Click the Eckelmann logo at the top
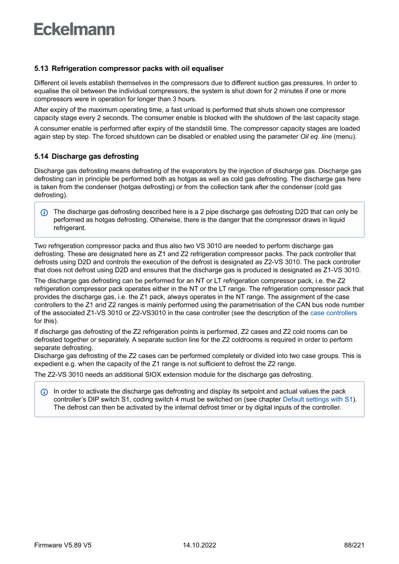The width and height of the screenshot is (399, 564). (x=74, y=29)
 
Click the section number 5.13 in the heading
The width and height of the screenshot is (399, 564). (x=41, y=69)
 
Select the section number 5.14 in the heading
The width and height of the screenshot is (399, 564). (x=41, y=156)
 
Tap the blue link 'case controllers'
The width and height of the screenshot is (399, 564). (x=333, y=313)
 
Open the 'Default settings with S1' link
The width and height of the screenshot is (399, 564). (x=317, y=399)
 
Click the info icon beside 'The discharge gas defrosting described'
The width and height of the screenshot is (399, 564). (x=44, y=212)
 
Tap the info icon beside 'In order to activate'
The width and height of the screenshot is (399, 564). (x=44, y=392)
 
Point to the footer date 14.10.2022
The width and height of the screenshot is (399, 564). (x=199, y=545)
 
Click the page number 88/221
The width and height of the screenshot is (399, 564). (x=354, y=545)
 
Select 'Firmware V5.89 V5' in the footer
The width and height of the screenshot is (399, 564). (x=63, y=545)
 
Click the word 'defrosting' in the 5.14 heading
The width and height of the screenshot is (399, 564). (x=121, y=156)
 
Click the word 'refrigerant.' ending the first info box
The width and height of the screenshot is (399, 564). (x=69, y=228)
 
